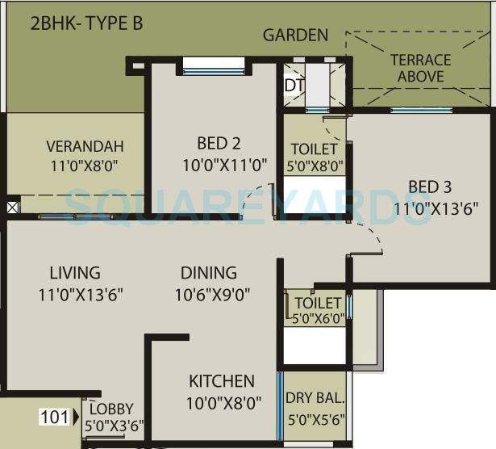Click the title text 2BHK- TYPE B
click(x=86, y=23)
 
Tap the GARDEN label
click(x=295, y=35)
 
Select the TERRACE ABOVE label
click(x=420, y=69)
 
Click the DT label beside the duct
click(x=291, y=84)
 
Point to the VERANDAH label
click(x=85, y=146)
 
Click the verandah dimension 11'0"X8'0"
click(x=85, y=166)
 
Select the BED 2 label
click(x=219, y=144)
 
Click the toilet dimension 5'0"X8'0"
click(x=315, y=167)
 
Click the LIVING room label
click(x=74, y=273)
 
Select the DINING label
click(x=208, y=273)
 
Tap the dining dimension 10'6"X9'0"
click(x=211, y=296)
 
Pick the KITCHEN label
click(x=222, y=381)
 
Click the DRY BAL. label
click(x=315, y=397)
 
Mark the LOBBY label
click(x=111, y=409)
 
